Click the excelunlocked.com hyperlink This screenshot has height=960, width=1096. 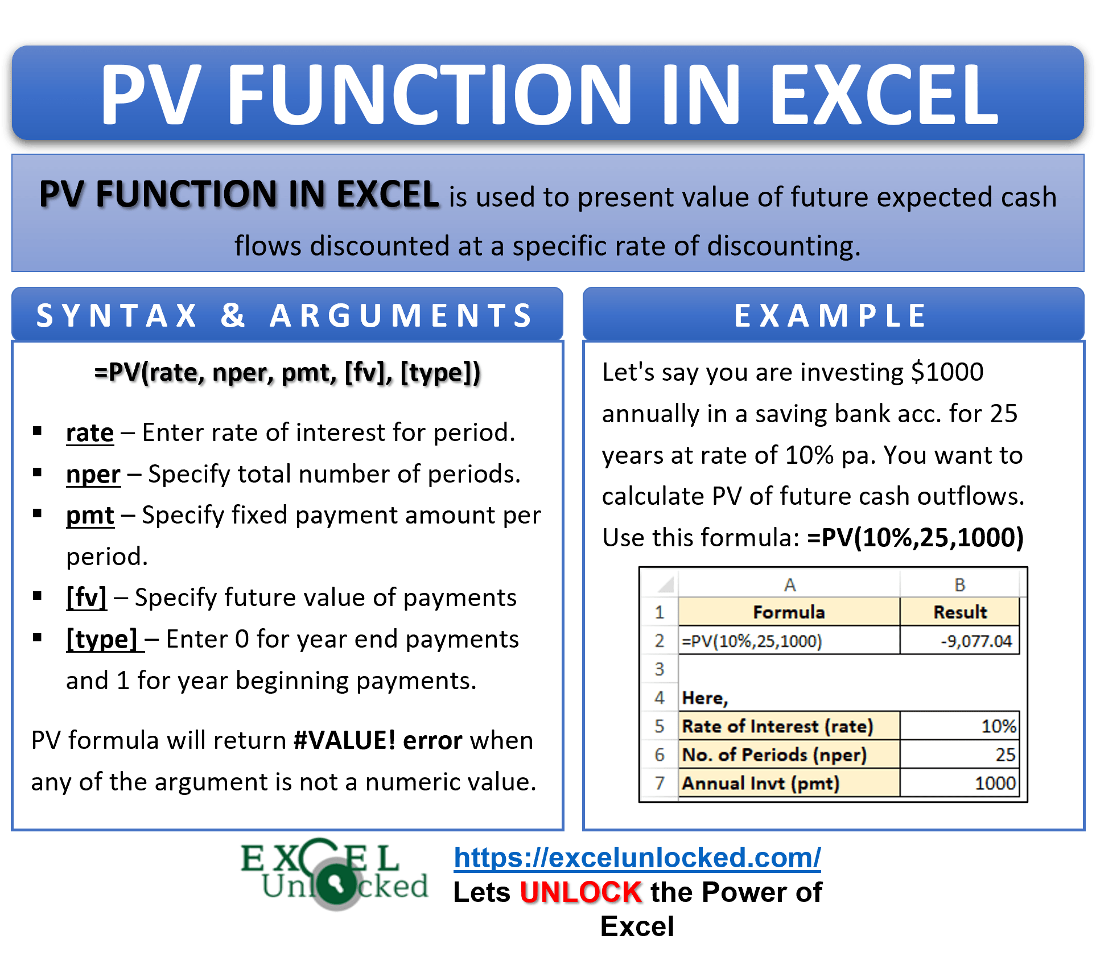[x=637, y=857]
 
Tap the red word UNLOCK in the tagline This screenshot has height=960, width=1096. [x=581, y=892]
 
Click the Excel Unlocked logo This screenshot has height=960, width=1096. [x=335, y=874]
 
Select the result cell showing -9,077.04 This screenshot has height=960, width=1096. [x=959, y=641]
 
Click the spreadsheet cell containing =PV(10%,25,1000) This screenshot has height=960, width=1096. [x=789, y=641]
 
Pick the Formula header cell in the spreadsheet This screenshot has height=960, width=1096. [x=789, y=612]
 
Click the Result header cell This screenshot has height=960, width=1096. [x=959, y=612]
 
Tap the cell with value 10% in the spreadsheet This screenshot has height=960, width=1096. [x=959, y=726]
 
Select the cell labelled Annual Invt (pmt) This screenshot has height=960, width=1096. [x=789, y=784]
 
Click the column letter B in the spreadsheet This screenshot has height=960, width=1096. [x=959, y=585]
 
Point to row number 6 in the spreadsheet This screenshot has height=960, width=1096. [x=660, y=755]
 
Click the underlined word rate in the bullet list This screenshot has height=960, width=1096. [x=90, y=433]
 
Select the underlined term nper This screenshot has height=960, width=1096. [x=93, y=475]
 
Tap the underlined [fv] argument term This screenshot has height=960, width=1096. [x=86, y=598]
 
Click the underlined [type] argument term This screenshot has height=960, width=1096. [x=102, y=640]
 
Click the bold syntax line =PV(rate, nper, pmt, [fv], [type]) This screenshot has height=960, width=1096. [x=287, y=373]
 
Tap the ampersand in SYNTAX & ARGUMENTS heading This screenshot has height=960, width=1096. [x=233, y=316]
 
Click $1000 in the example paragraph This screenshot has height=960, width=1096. [x=947, y=372]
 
